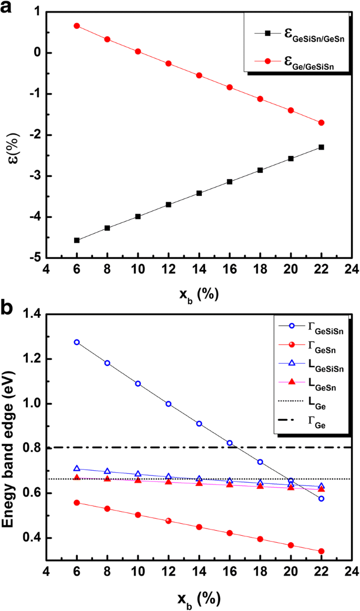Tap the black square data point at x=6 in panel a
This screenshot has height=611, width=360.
(77, 240)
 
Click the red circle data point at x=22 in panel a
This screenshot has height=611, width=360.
(321, 122)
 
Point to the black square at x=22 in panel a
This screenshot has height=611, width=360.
(321, 147)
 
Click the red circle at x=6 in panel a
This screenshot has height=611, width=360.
(77, 26)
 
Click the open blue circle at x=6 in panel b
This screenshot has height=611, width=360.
(77, 342)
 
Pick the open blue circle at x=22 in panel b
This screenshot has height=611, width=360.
(321, 499)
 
